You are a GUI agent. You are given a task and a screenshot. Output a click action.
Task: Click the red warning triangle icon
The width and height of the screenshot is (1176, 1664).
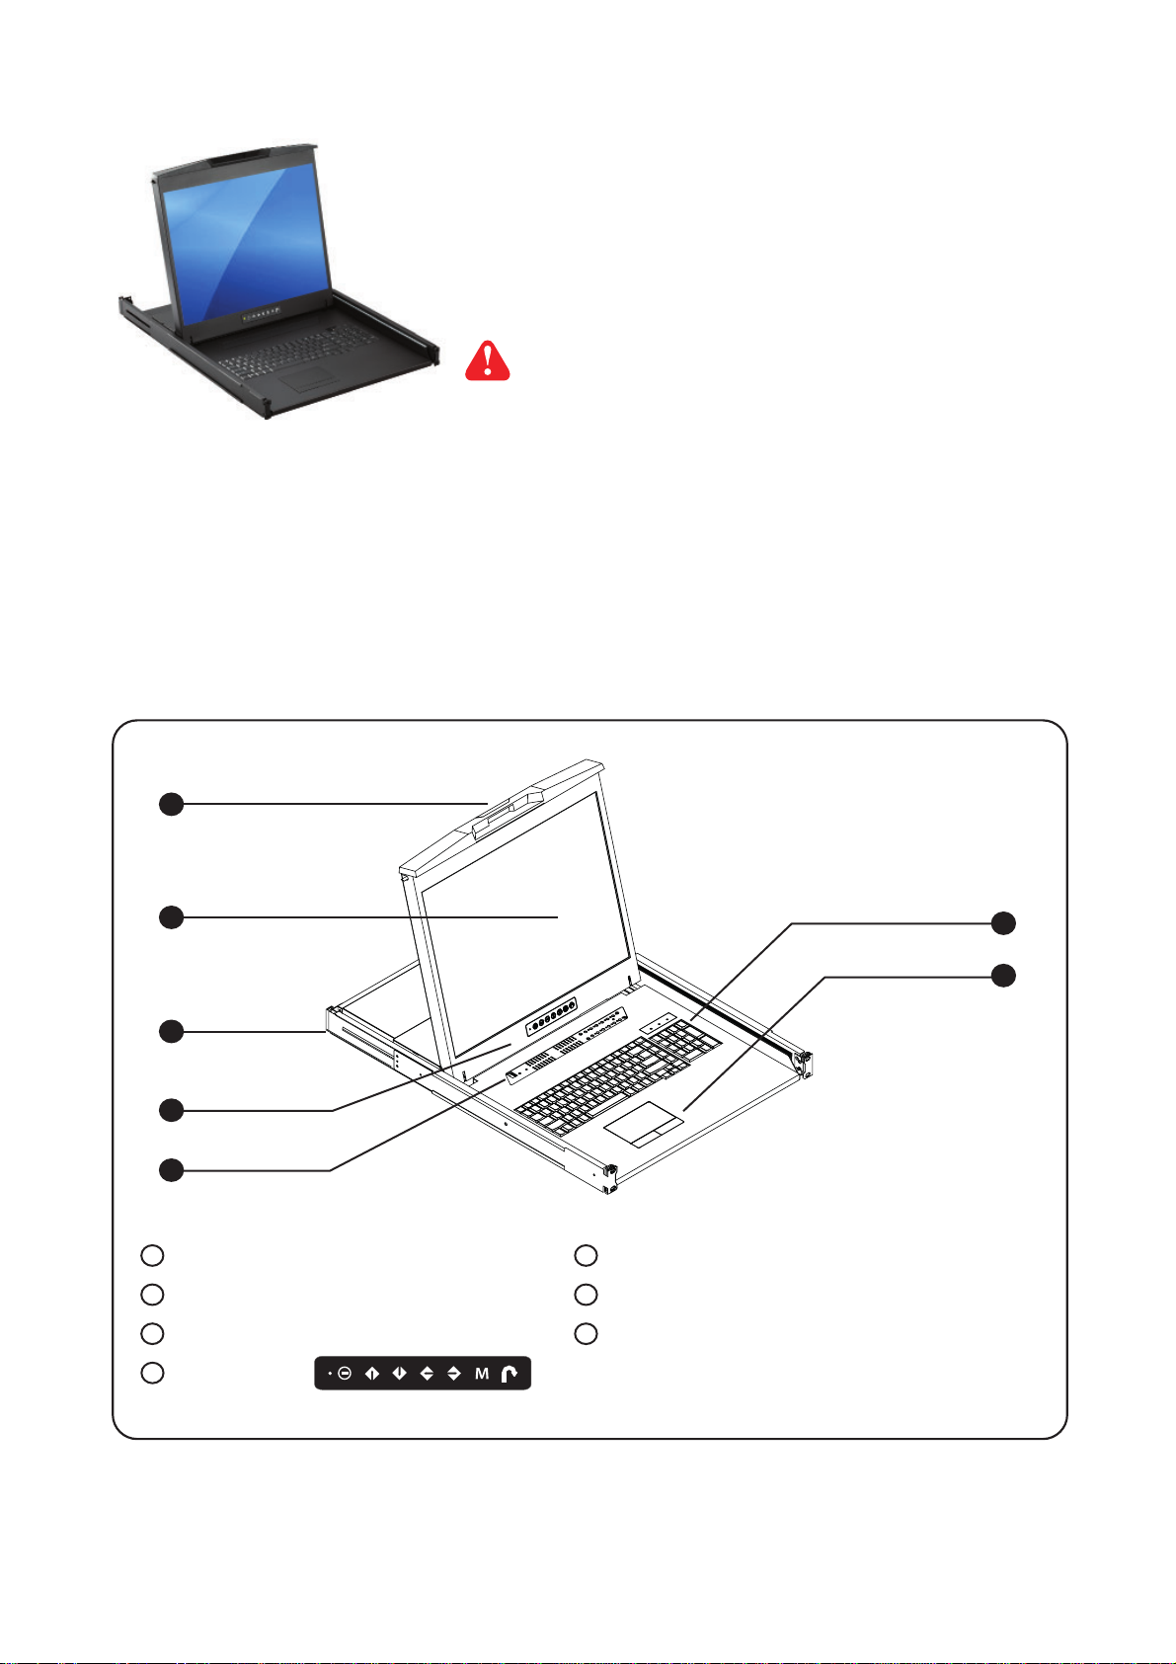(488, 361)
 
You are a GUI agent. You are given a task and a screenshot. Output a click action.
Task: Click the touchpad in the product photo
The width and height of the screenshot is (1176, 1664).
(310, 377)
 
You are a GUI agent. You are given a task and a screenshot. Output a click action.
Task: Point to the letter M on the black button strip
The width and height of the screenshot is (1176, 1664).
(482, 1374)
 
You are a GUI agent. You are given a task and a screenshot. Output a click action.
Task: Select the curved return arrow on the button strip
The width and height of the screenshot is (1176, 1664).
(509, 1374)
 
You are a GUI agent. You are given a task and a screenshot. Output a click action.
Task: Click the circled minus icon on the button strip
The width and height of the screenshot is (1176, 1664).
(345, 1374)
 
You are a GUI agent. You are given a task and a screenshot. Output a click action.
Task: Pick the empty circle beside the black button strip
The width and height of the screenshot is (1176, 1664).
(152, 1372)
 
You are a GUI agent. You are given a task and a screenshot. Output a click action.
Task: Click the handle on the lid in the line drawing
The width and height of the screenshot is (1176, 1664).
(509, 809)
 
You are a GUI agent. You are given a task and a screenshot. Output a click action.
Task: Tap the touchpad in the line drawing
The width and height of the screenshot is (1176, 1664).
(644, 1124)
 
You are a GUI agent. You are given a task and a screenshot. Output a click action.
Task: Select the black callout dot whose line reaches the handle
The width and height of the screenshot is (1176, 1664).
(172, 804)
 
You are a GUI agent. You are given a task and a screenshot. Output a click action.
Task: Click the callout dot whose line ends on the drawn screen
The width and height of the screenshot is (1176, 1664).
(172, 917)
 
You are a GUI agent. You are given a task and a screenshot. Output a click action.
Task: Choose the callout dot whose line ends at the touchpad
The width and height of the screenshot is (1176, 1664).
(1003, 976)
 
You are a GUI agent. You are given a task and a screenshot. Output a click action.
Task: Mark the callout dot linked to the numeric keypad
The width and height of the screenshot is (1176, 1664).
(1003, 923)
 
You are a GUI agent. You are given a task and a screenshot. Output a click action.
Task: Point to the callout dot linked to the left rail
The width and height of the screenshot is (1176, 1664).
(172, 1032)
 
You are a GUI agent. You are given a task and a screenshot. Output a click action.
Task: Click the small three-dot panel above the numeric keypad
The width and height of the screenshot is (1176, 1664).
(659, 1021)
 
